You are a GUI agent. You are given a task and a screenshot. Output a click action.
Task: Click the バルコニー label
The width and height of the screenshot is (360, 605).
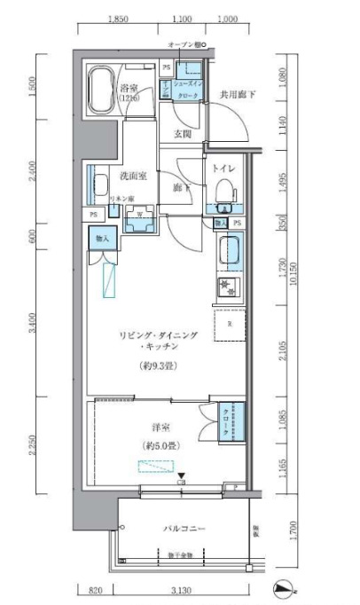[x=184, y=530]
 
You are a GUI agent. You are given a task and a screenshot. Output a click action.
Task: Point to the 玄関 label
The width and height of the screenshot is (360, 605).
[x=183, y=135]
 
